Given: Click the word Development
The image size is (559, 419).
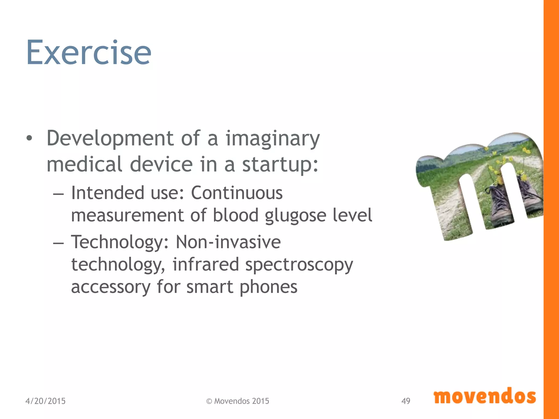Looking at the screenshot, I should (110, 139).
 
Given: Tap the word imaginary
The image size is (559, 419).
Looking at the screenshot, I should (272, 139).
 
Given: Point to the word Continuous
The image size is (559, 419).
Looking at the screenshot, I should (237, 193).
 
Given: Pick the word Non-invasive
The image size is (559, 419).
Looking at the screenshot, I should (228, 242).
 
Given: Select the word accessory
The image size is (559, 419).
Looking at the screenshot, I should (111, 287).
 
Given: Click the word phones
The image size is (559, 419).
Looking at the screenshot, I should (268, 287).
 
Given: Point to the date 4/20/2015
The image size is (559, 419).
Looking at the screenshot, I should (45, 401).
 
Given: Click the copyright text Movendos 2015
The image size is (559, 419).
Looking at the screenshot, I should (237, 401).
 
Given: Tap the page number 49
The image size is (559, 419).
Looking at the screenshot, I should (406, 401).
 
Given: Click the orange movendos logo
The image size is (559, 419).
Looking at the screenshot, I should (484, 396).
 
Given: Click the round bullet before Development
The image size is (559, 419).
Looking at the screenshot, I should (29, 139).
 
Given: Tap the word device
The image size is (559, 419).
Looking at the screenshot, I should (161, 164).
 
